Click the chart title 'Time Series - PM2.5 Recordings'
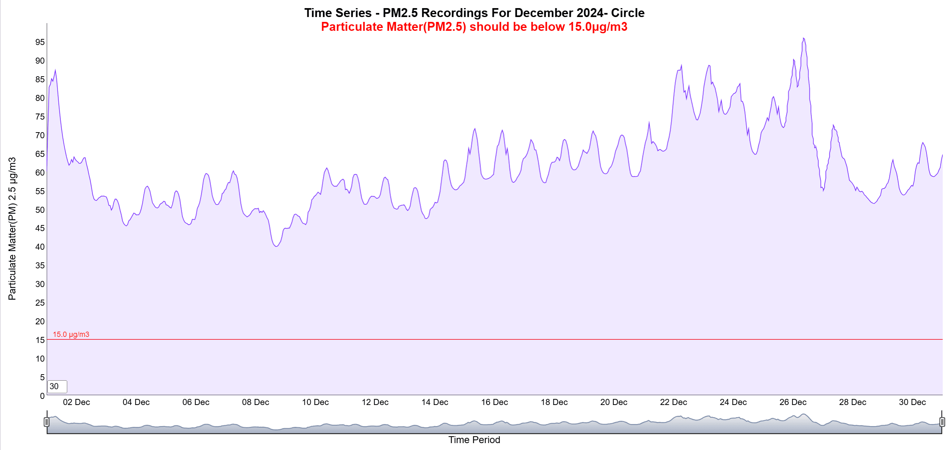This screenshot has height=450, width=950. pos(474,13)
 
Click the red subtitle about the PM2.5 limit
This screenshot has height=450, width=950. pos(474,27)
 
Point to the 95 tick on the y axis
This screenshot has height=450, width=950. pos(40,42)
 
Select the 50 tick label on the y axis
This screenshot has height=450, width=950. pos(40,210)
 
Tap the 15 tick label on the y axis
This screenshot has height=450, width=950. pos(40,340)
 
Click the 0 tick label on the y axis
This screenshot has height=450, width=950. pos(42,396)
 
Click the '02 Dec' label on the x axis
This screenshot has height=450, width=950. pos(77,402)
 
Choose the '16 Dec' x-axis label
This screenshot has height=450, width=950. pos(494,402)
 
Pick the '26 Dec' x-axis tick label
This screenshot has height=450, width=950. pos(793,402)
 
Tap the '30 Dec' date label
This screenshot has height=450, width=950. pos(912,402)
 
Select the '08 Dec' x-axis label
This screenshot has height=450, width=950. pos(256,402)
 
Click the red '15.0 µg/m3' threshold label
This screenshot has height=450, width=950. pos(71,334)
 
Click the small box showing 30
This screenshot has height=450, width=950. pos(57,386)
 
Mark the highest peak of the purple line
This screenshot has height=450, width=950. pos(803,38)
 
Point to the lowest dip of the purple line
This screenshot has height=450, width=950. pos(276,246)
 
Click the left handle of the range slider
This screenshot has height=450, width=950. pos(47,422)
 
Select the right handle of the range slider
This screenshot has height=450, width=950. pos(942,422)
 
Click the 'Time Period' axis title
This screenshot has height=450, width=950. pos(474,440)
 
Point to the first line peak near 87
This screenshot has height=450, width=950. pos(55,70)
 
